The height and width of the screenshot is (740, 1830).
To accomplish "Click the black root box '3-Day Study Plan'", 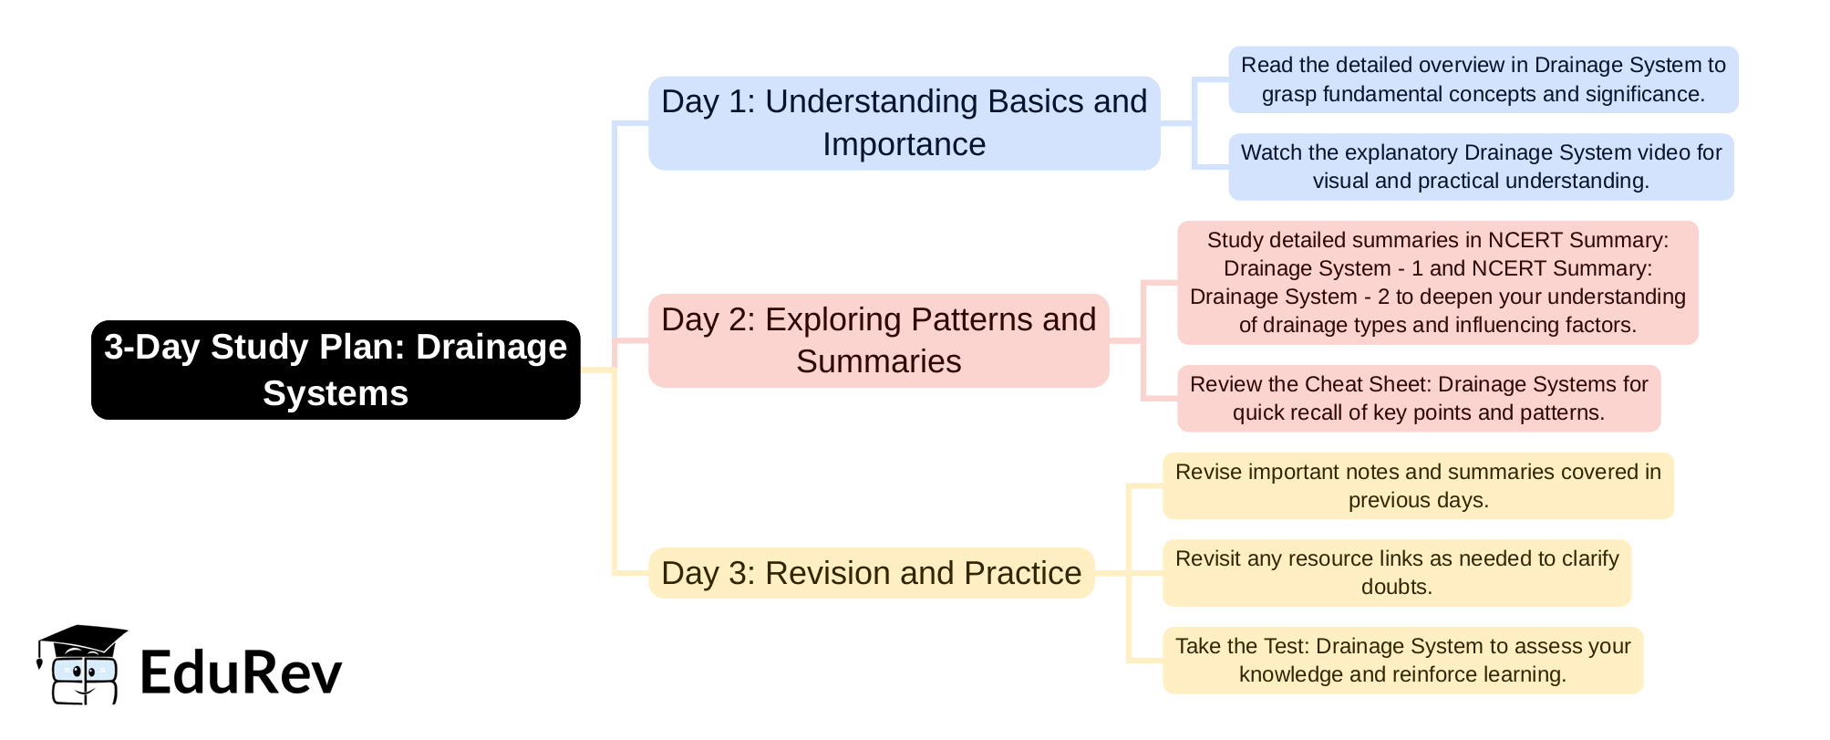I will (336, 370).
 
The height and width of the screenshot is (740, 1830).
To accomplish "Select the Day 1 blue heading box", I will (904, 123).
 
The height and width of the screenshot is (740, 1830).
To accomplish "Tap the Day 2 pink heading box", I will (878, 340).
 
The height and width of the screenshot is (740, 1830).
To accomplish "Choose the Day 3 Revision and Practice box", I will (871, 573).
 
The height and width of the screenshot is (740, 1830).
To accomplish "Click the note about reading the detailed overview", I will (1483, 79).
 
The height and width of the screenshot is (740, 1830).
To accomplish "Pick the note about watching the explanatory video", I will (1481, 167).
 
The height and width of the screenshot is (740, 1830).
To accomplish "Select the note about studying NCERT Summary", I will (1437, 282).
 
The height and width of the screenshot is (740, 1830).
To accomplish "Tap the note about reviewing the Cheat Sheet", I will (1418, 398).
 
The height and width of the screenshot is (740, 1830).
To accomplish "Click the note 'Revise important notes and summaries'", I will (1418, 485).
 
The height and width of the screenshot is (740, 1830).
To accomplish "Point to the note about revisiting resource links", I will (1396, 573).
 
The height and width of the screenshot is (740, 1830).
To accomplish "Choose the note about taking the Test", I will (1402, 660).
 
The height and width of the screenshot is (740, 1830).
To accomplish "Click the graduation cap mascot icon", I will (82, 664).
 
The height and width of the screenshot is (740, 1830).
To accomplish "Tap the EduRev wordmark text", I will (241, 672).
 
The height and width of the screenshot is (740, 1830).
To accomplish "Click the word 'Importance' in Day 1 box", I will (904, 144).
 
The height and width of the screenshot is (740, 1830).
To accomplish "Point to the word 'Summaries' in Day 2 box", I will (878, 361).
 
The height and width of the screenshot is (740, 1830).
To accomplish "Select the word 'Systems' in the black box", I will (336, 393).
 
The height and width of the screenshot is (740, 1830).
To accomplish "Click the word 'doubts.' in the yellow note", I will (1396, 587).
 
